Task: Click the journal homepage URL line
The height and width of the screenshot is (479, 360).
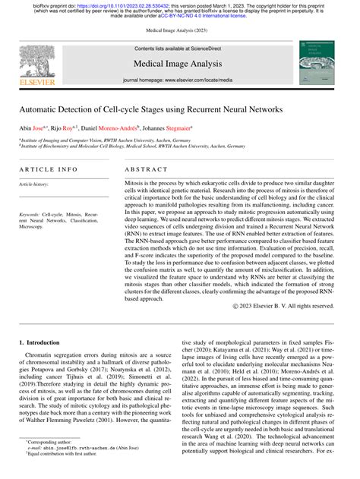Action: coord(177,79)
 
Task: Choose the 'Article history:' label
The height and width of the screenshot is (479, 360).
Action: coord(36,184)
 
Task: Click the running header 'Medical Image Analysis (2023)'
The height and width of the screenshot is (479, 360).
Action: coord(180,32)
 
